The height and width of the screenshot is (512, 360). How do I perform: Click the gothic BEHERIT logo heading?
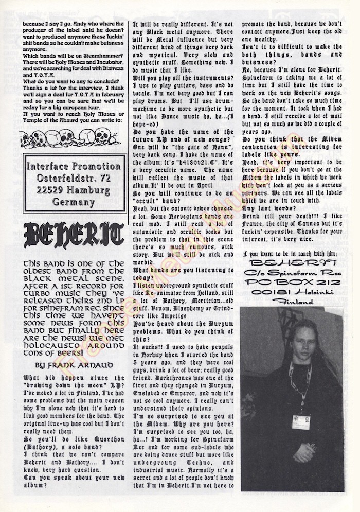[x=74, y=236]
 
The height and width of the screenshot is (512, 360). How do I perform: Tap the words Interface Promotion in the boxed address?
[x=74, y=167]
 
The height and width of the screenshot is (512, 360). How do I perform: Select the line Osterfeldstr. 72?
[x=74, y=178]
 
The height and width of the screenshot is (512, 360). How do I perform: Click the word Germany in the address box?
[x=74, y=202]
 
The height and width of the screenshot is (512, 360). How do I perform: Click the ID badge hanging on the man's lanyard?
[x=301, y=421]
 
